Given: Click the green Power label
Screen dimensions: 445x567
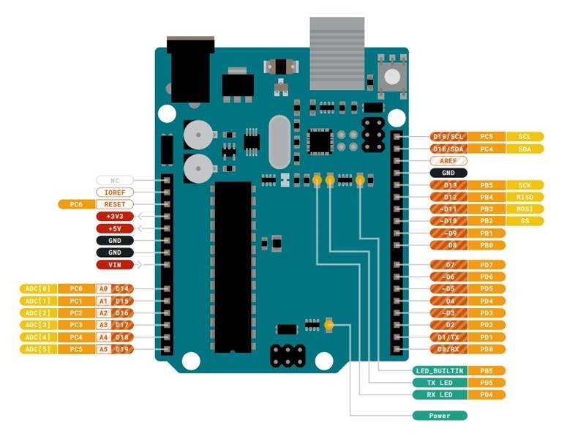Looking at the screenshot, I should [x=439, y=415].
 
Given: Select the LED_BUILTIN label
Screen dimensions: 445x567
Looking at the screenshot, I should [x=439, y=370].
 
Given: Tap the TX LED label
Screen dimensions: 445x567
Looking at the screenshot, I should [x=439, y=382].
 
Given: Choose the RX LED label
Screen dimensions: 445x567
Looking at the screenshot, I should [x=439, y=394].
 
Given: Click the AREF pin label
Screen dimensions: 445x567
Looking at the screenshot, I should [x=448, y=160].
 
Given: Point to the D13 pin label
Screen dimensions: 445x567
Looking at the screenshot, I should [x=449, y=185].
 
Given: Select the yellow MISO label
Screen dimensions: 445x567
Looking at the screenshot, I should [x=525, y=197].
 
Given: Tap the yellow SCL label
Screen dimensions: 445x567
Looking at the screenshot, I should [x=525, y=137].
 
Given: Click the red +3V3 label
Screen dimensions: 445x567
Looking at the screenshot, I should [x=114, y=217].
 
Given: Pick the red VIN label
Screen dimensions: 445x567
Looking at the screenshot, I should [x=114, y=264].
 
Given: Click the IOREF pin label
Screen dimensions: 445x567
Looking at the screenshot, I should [x=114, y=192].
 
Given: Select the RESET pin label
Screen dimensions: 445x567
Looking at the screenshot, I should [x=114, y=204].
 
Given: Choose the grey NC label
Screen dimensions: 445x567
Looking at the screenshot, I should [x=114, y=179].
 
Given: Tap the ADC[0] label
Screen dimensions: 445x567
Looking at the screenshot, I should [x=37, y=288].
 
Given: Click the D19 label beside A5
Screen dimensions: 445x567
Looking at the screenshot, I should [x=122, y=349].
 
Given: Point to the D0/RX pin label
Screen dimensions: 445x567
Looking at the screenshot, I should [x=448, y=349].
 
